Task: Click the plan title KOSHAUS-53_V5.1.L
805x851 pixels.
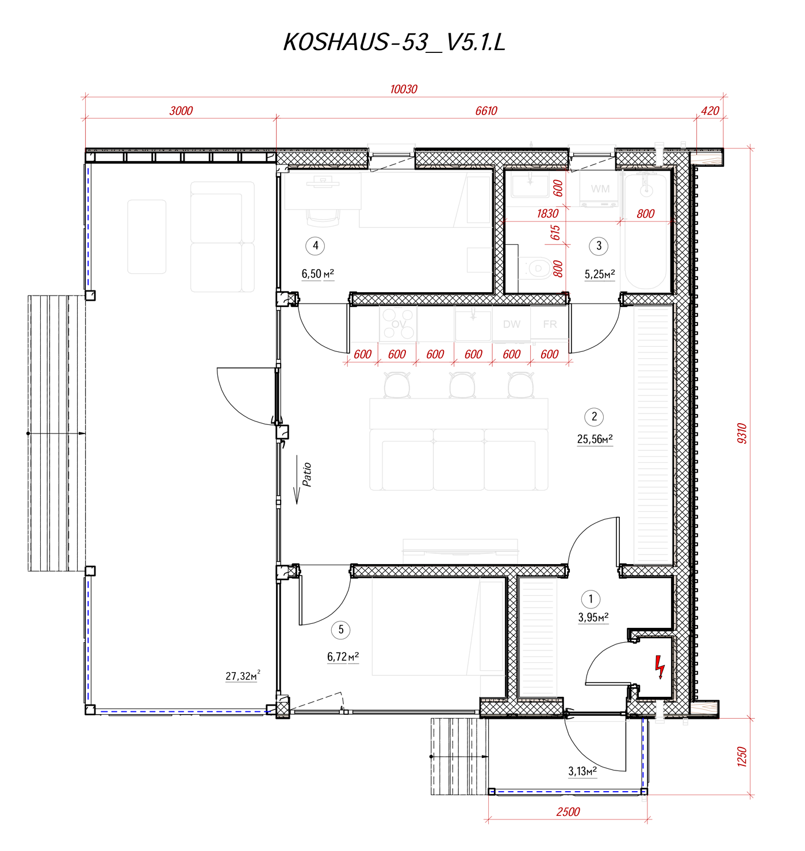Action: [x=394, y=43]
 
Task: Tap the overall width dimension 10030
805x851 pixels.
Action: [x=403, y=89]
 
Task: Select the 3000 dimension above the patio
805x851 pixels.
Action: [x=181, y=111]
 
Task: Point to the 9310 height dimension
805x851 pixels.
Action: [x=741, y=433]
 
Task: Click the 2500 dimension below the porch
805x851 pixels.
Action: [x=568, y=811]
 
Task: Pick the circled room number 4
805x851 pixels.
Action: [x=315, y=246]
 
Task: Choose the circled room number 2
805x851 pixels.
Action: [x=593, y=416]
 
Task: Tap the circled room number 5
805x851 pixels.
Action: [x=341, y=630]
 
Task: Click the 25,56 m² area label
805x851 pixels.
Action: [x=595, y=439]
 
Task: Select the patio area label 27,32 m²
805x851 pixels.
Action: [x=243, y=675]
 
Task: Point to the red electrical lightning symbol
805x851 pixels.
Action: [x=660, y=667]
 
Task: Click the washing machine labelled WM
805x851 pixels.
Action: [x=600, y=189]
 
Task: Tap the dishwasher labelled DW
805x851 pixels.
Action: [x=511, y=324]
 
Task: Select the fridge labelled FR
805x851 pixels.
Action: [x=549, y=324]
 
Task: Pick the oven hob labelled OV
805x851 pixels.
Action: [x=398, y=324]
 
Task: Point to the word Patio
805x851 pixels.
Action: [x=306, y=475]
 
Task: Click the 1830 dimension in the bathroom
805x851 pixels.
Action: [x=547, y=214]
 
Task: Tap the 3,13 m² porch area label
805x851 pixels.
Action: [x=582, y=771]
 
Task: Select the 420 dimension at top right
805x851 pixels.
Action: [x=710, y=111]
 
